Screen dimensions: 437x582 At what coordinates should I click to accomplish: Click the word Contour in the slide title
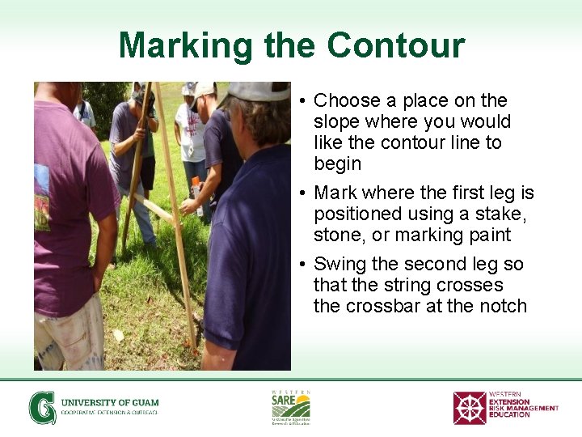pos(396,45)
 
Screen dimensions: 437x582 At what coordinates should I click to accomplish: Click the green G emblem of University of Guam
pos(43,407)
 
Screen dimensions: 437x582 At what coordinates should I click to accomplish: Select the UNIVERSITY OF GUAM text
pos(110,402)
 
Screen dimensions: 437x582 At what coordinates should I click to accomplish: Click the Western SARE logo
pos(290,407)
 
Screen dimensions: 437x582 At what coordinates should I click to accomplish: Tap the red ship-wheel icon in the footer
pos(470,408)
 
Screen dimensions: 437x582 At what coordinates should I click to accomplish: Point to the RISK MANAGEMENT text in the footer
pos(523,408)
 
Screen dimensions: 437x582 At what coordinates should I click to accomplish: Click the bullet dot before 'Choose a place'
pos(300,101)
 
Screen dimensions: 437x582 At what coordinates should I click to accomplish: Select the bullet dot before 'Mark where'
pos(300,193)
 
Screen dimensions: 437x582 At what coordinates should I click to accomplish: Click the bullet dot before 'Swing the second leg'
pos(300,265)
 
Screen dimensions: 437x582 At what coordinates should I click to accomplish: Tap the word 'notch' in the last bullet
pos(502,307)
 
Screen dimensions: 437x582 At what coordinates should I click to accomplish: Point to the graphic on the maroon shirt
pos(41,194)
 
